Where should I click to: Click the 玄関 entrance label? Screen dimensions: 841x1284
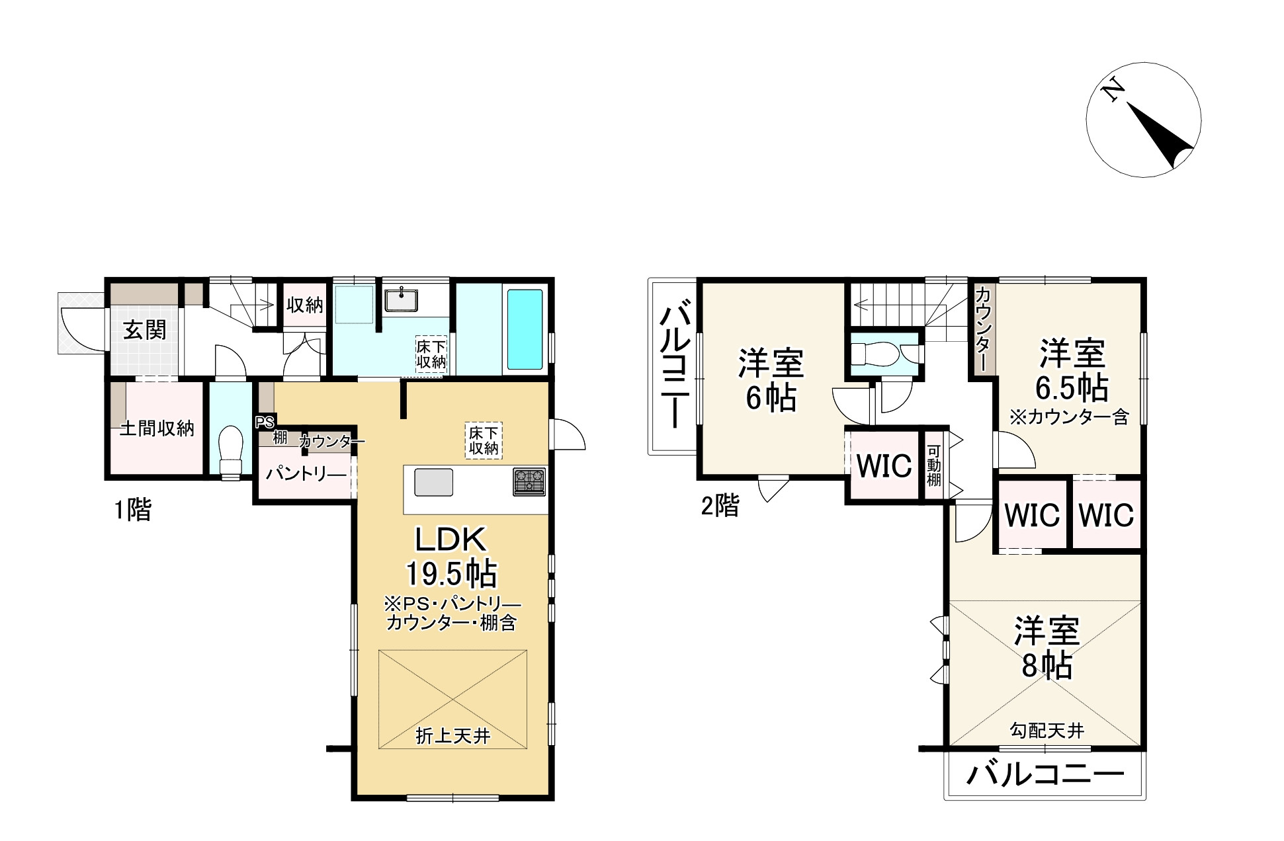coord(145,329)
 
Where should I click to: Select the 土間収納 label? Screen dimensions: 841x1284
coord(157,428)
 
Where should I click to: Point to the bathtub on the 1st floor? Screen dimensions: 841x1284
coord(525,329)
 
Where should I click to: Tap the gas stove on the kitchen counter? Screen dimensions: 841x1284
coord(529,481)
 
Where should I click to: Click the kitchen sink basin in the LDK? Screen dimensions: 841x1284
coord(434,482)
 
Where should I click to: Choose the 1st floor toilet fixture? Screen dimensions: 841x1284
coord(231,449)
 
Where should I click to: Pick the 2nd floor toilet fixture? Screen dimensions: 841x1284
coord(875,354)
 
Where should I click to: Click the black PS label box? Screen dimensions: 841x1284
coord(265,422)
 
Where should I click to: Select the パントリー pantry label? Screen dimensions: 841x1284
coord(306,474)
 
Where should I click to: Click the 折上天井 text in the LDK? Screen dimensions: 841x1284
coord(452,736)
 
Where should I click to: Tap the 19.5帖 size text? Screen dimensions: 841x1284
coord(452,574)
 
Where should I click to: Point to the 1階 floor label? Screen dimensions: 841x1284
coord(132,510)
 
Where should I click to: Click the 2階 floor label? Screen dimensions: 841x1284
coord(720,506)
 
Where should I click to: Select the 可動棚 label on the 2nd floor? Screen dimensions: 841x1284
coord(933,465)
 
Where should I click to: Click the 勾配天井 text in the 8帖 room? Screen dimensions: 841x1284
coord(1047,731)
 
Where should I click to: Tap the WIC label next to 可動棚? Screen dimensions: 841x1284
coord(884,466)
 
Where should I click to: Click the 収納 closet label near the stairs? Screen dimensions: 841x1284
coord(304,305)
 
